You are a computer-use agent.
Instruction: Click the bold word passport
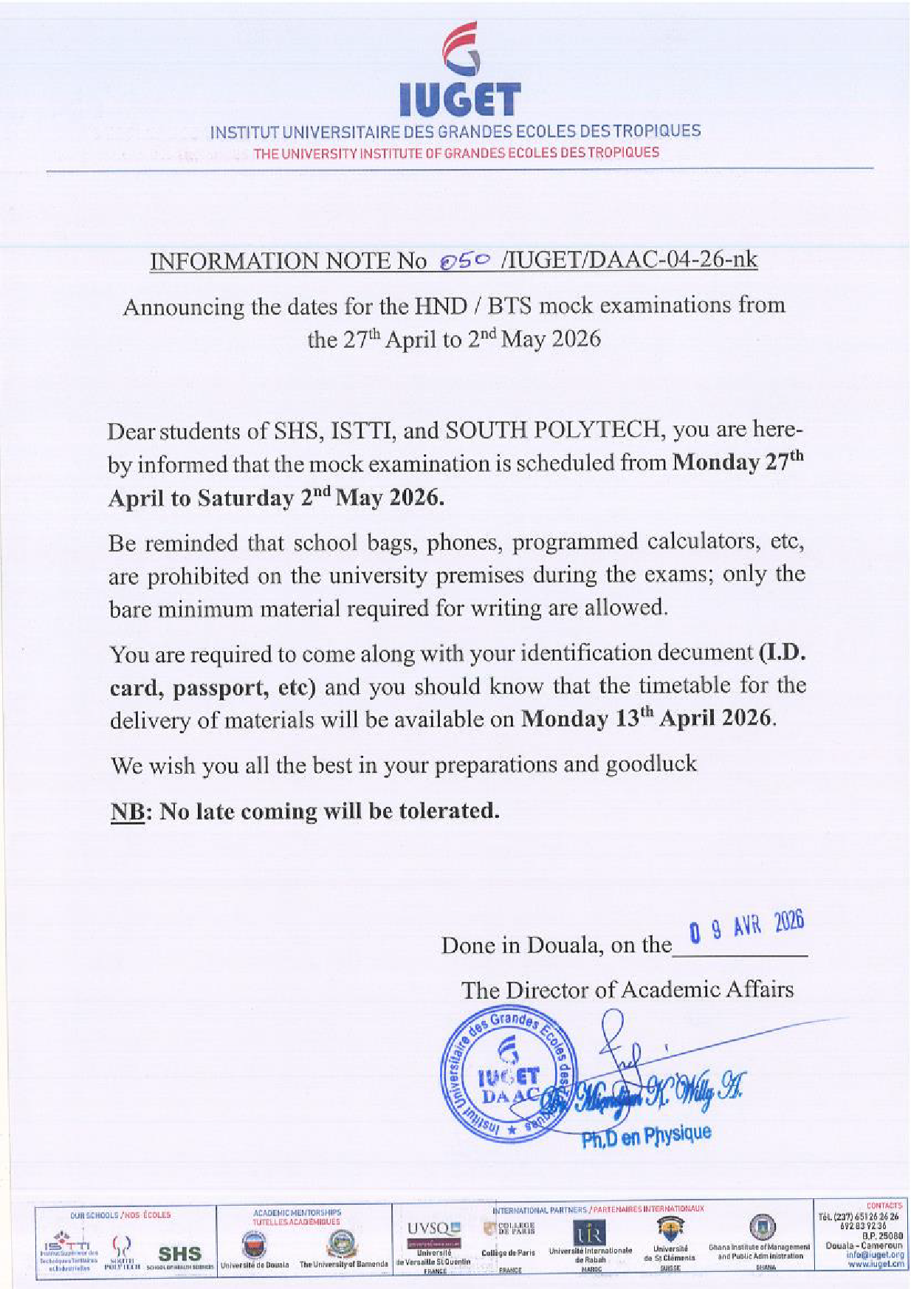pyautogui.click(x=220, y=687)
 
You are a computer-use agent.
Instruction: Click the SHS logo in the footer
pyautogui.click(x=179, y=1253)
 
